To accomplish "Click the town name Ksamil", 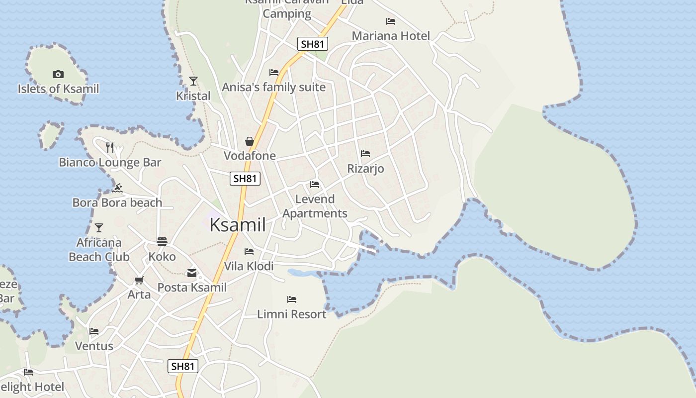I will point(238,225).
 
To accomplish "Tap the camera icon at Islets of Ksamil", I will point(58,75).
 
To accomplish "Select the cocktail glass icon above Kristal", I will point(193,81).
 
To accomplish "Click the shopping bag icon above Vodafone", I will point(250,141).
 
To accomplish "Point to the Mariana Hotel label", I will point(391,36).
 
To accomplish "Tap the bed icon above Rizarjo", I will point(365,154).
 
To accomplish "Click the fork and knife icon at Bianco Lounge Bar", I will point(110,147).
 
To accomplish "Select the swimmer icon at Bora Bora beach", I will point(118,188).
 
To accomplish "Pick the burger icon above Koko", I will point(162,242).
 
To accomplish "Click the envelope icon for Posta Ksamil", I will point(192,273).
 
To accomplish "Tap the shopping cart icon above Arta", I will point(139,280).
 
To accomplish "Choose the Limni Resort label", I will point(292,314).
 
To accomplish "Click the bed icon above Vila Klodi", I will point(249,252).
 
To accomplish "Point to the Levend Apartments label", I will point(315,206).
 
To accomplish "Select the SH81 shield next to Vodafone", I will point(245,178).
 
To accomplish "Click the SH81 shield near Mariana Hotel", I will point(313,44).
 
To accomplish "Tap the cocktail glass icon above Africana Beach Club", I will point(99,228).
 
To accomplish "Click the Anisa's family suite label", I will point(273,88).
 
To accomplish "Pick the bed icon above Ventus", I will point(94,331).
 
